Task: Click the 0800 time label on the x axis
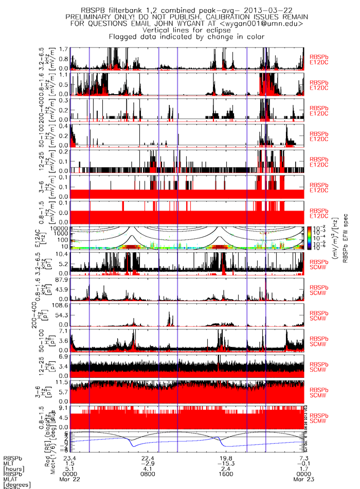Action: tap(149, 473)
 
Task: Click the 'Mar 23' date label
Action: tap(303, 478)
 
